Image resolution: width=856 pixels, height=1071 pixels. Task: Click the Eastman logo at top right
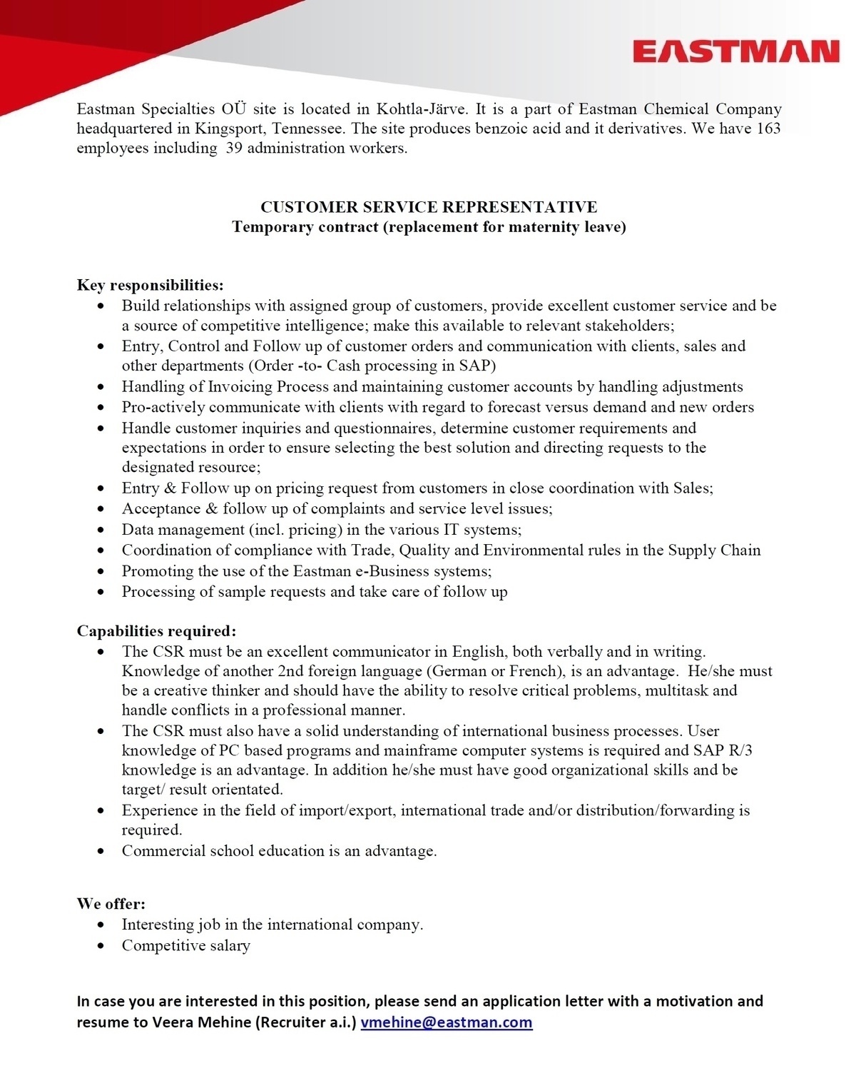[x=735, y=52]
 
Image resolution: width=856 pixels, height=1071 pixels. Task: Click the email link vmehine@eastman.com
[x=447, y=1022]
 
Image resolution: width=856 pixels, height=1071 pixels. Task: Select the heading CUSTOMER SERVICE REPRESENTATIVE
[x=429, y=207]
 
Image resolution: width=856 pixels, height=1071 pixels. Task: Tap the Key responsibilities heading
[x=151, y=285]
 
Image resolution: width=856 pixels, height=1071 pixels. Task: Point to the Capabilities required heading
[x=156, y=631]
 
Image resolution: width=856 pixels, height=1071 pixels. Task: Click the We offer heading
[x=111, y=903]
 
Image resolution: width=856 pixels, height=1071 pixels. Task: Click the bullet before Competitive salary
[x=104, y=946]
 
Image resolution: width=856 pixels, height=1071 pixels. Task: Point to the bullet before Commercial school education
[x=104, y=851]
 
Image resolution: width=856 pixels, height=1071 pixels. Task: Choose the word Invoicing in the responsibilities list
[x=240, y=387]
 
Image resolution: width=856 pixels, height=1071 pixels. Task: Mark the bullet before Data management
[x=104, y=530]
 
